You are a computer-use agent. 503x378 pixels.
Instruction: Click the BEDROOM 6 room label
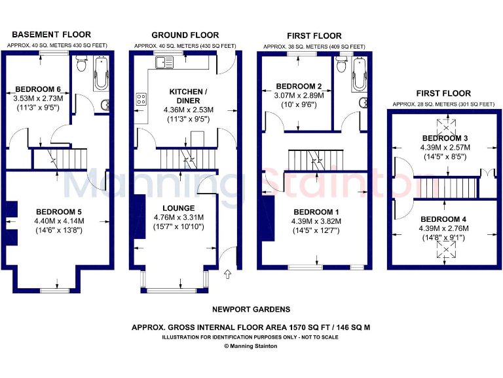point(37,89)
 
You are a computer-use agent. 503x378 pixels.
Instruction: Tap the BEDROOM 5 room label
point(58,211)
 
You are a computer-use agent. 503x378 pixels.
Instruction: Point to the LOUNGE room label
point(179,208)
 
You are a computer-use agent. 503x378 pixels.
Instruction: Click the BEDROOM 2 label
point(299,86)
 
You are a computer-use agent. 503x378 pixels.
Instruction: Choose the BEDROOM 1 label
point(316,211)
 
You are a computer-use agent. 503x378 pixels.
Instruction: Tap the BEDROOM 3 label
point(445,138)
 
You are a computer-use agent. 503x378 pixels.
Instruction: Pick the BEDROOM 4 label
point(444,219)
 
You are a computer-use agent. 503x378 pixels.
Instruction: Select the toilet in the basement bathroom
point(81,64)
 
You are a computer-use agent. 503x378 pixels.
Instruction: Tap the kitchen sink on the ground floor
point(164,62)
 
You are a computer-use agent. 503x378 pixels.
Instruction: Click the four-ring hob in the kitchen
point(141,100)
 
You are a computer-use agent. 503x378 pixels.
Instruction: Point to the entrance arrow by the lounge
point(227,274)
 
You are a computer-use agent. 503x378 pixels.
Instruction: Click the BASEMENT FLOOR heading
point(51,35)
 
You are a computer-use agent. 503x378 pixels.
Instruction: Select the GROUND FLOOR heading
point(185,35)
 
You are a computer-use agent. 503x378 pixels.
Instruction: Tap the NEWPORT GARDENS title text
point(251,309)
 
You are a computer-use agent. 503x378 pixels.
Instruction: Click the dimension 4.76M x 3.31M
point(179,217)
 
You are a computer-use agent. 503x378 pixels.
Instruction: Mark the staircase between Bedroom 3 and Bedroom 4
point(443,187)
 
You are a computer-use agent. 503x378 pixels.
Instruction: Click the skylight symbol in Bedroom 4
point(448,251)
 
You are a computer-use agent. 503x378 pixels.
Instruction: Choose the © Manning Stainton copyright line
point(251,346)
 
